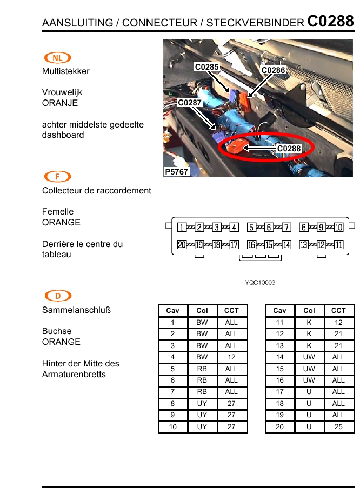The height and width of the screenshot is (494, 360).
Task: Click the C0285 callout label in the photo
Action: [206, 67]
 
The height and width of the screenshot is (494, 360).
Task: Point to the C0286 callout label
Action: [273, 70]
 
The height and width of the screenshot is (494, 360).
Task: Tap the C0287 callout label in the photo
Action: [190, 102]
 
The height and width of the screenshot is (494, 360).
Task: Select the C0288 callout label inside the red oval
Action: [289, 148]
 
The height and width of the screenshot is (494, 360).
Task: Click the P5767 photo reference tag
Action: [176, 172]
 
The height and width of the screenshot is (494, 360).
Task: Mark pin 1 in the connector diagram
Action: [182, 228]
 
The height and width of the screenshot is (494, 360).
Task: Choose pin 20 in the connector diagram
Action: [182, 245]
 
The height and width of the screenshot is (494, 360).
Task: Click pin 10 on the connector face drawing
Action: [339, 228]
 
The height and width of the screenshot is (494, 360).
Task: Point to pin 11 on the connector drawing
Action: [339, 245]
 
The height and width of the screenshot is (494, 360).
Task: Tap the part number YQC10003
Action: [260, 283]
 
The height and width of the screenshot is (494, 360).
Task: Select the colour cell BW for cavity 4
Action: [202, 357]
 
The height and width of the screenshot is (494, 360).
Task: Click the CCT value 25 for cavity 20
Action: [338, 427]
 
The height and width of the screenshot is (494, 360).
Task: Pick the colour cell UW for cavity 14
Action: [309, 357]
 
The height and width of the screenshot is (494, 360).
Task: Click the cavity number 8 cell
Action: [172, 403]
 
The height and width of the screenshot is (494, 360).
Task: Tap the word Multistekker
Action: [66, 71]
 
